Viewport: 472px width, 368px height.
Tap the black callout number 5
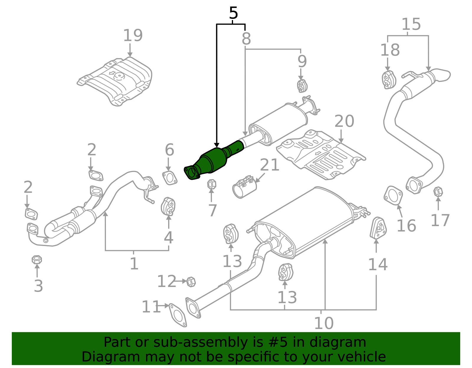pos(233,13)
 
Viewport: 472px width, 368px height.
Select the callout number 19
pos(133,35)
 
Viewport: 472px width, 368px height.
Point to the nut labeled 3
pos(37,260)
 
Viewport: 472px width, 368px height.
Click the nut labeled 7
pos(212,184)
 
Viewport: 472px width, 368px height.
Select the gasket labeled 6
pos(170,178)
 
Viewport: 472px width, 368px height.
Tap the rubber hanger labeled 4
pos(168,207)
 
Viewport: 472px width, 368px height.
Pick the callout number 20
pos(344,121)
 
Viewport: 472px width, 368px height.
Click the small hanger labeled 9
pos(302,86)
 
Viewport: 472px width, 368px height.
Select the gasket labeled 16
pos(393,195)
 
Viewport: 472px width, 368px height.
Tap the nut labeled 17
pos(438,192)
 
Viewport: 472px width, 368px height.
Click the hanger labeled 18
pos(389,80)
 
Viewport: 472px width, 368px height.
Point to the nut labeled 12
pos(191,282)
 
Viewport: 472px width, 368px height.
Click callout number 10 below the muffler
pos(324,323)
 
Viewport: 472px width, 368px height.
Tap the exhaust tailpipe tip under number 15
pos(441,75)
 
